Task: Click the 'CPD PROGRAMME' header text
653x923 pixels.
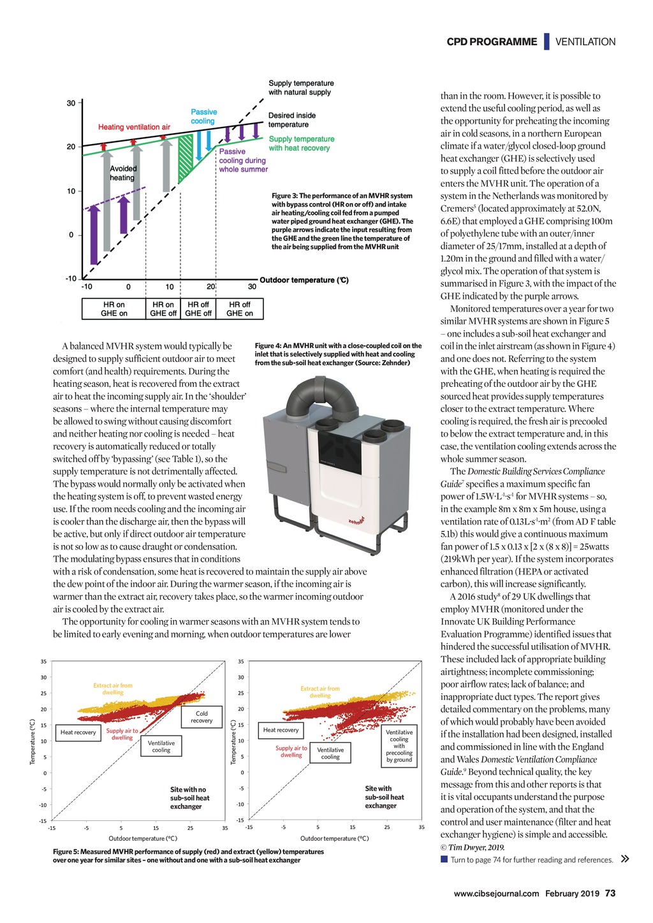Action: (492, 42)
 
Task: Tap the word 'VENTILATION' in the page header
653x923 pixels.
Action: (585, 42)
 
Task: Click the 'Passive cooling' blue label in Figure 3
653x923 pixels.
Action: (203, 117)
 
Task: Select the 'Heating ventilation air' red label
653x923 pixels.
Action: (134, 127)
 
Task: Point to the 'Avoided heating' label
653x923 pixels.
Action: (122, 173)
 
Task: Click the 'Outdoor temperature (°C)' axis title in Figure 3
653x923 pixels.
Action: (304, 280)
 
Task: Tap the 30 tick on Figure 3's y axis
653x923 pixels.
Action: (71, 103)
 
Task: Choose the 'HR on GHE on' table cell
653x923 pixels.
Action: (114, 309)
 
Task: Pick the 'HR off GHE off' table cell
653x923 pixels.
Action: (198, 309)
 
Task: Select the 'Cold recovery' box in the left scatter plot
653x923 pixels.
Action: (202, 717)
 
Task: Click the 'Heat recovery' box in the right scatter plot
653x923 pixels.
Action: (281, 730)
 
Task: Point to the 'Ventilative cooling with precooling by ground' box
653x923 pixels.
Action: (399, 746)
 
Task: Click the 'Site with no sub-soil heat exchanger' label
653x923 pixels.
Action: (189, 798)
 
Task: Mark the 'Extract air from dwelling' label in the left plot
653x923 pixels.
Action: (113, 689)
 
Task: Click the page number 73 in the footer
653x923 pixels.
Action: (610, 893)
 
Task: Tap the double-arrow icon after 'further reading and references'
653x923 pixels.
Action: (625, 859)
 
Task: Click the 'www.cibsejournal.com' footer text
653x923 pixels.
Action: (496, 894)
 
